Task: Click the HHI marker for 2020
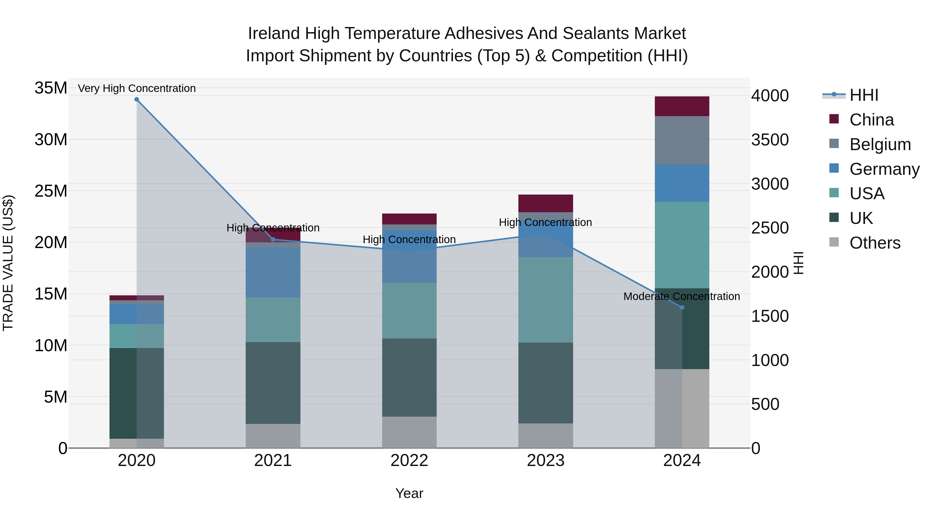tap(137, 99)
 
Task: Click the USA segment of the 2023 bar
tap(545, 300)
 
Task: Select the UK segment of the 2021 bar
tap(273, 383)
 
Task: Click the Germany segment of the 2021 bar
tap(273, 273)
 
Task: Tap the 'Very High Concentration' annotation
tap(137, 88)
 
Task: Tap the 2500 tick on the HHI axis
tap(770, 228)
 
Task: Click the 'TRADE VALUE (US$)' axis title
tap(8, 263)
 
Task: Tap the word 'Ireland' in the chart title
tap(273, 34)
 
